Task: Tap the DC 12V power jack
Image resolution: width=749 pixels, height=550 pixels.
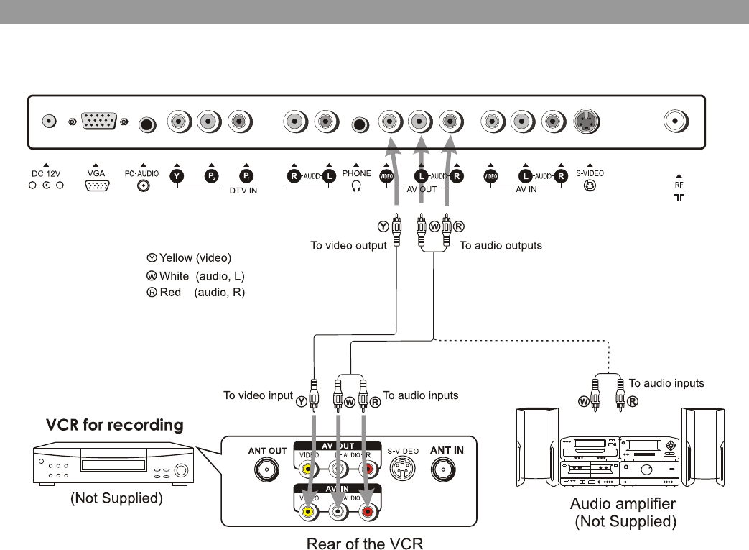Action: pos(49,122)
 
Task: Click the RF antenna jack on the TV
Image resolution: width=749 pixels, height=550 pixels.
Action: pos(675,122)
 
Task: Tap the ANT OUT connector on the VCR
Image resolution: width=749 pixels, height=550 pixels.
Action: pos(267,470)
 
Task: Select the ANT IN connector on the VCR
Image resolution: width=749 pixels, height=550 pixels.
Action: pos(447,470)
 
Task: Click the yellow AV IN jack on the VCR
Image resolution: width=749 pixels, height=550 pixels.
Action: pos(308,512)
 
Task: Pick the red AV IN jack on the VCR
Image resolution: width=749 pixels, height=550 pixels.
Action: pos(368,512)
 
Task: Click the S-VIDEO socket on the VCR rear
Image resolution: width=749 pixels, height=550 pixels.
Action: pos(402,470)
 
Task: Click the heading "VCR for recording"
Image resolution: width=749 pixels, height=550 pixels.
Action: pos(115,425)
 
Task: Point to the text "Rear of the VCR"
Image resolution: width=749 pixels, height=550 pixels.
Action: pos(365,543)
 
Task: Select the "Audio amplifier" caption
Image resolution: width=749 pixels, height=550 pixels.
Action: pos(623,503)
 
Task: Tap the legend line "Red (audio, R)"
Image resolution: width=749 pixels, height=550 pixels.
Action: pos(195,293)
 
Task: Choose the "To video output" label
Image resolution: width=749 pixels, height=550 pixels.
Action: pos(348,246)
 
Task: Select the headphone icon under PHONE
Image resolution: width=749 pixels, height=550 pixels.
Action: pos(356,185)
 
